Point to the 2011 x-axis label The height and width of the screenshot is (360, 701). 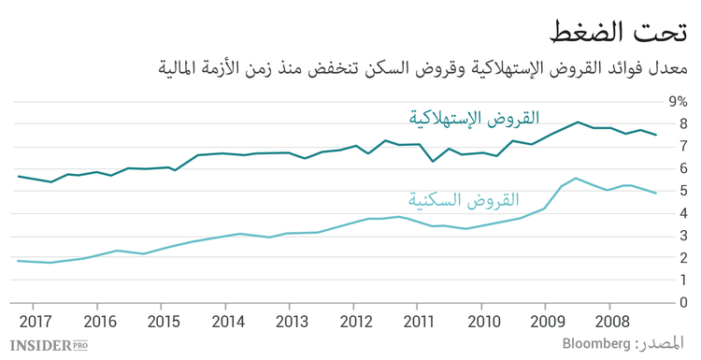pyautogui.click(x=419, y=321)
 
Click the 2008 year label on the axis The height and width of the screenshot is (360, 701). pyautogui.click(x=609, y=321)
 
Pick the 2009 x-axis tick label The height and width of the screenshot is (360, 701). pyautogui.click(x=547, y=321)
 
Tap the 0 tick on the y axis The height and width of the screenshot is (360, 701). pyautogui.click(x=683, y=303)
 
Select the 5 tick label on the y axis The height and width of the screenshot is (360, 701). pyautogui.click(x=683, y=191)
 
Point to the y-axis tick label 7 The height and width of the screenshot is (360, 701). pyautogui.click(x=683, y=146)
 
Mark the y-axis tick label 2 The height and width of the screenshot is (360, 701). pyautogui.click(x=683, y=258)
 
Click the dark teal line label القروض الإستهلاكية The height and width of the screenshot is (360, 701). pyautogui.click(x=474, y=119)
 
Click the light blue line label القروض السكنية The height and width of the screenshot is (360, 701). pyautogui.click(x=463, y=199)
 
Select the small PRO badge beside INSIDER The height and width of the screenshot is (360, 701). pyautogui.click(x=81, y=345)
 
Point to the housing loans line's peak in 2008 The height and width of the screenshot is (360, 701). pyautogui.click(x=576, y=178)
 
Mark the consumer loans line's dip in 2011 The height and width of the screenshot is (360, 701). pyautogui.click(x=432, y=161)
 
